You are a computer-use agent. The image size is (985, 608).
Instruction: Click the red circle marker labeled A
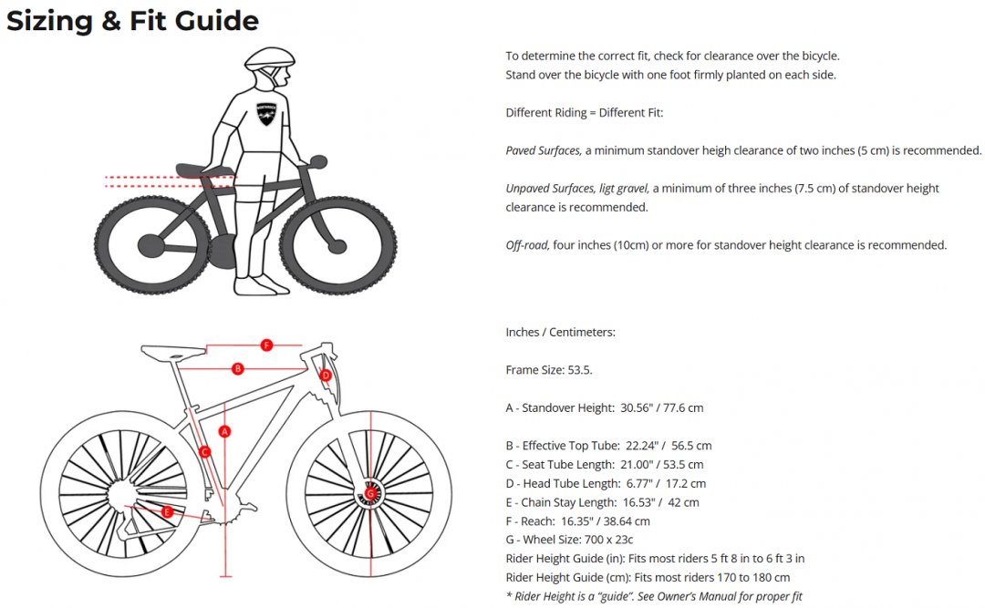tap(224, 431)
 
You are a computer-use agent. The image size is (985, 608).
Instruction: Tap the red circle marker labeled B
tap(237, 368)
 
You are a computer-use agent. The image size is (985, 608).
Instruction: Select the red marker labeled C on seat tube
tap(204, 451)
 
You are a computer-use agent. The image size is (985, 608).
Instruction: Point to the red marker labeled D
tap(325, 376)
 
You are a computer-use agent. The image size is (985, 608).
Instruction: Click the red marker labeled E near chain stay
tap(167, 512)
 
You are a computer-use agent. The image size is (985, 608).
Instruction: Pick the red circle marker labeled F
tap(266, 345)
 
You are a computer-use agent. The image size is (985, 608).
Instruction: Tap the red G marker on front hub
tap(370, 494)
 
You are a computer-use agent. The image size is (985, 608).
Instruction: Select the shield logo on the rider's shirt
tap(266, 114)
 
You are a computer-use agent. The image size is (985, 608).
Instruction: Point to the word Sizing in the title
tap(49, 21)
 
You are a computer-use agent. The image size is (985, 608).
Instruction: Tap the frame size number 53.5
tap(580, 370)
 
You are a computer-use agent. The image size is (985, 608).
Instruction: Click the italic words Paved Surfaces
tap(544, 150)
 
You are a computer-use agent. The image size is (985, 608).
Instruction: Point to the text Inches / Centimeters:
tap(560, 333)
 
